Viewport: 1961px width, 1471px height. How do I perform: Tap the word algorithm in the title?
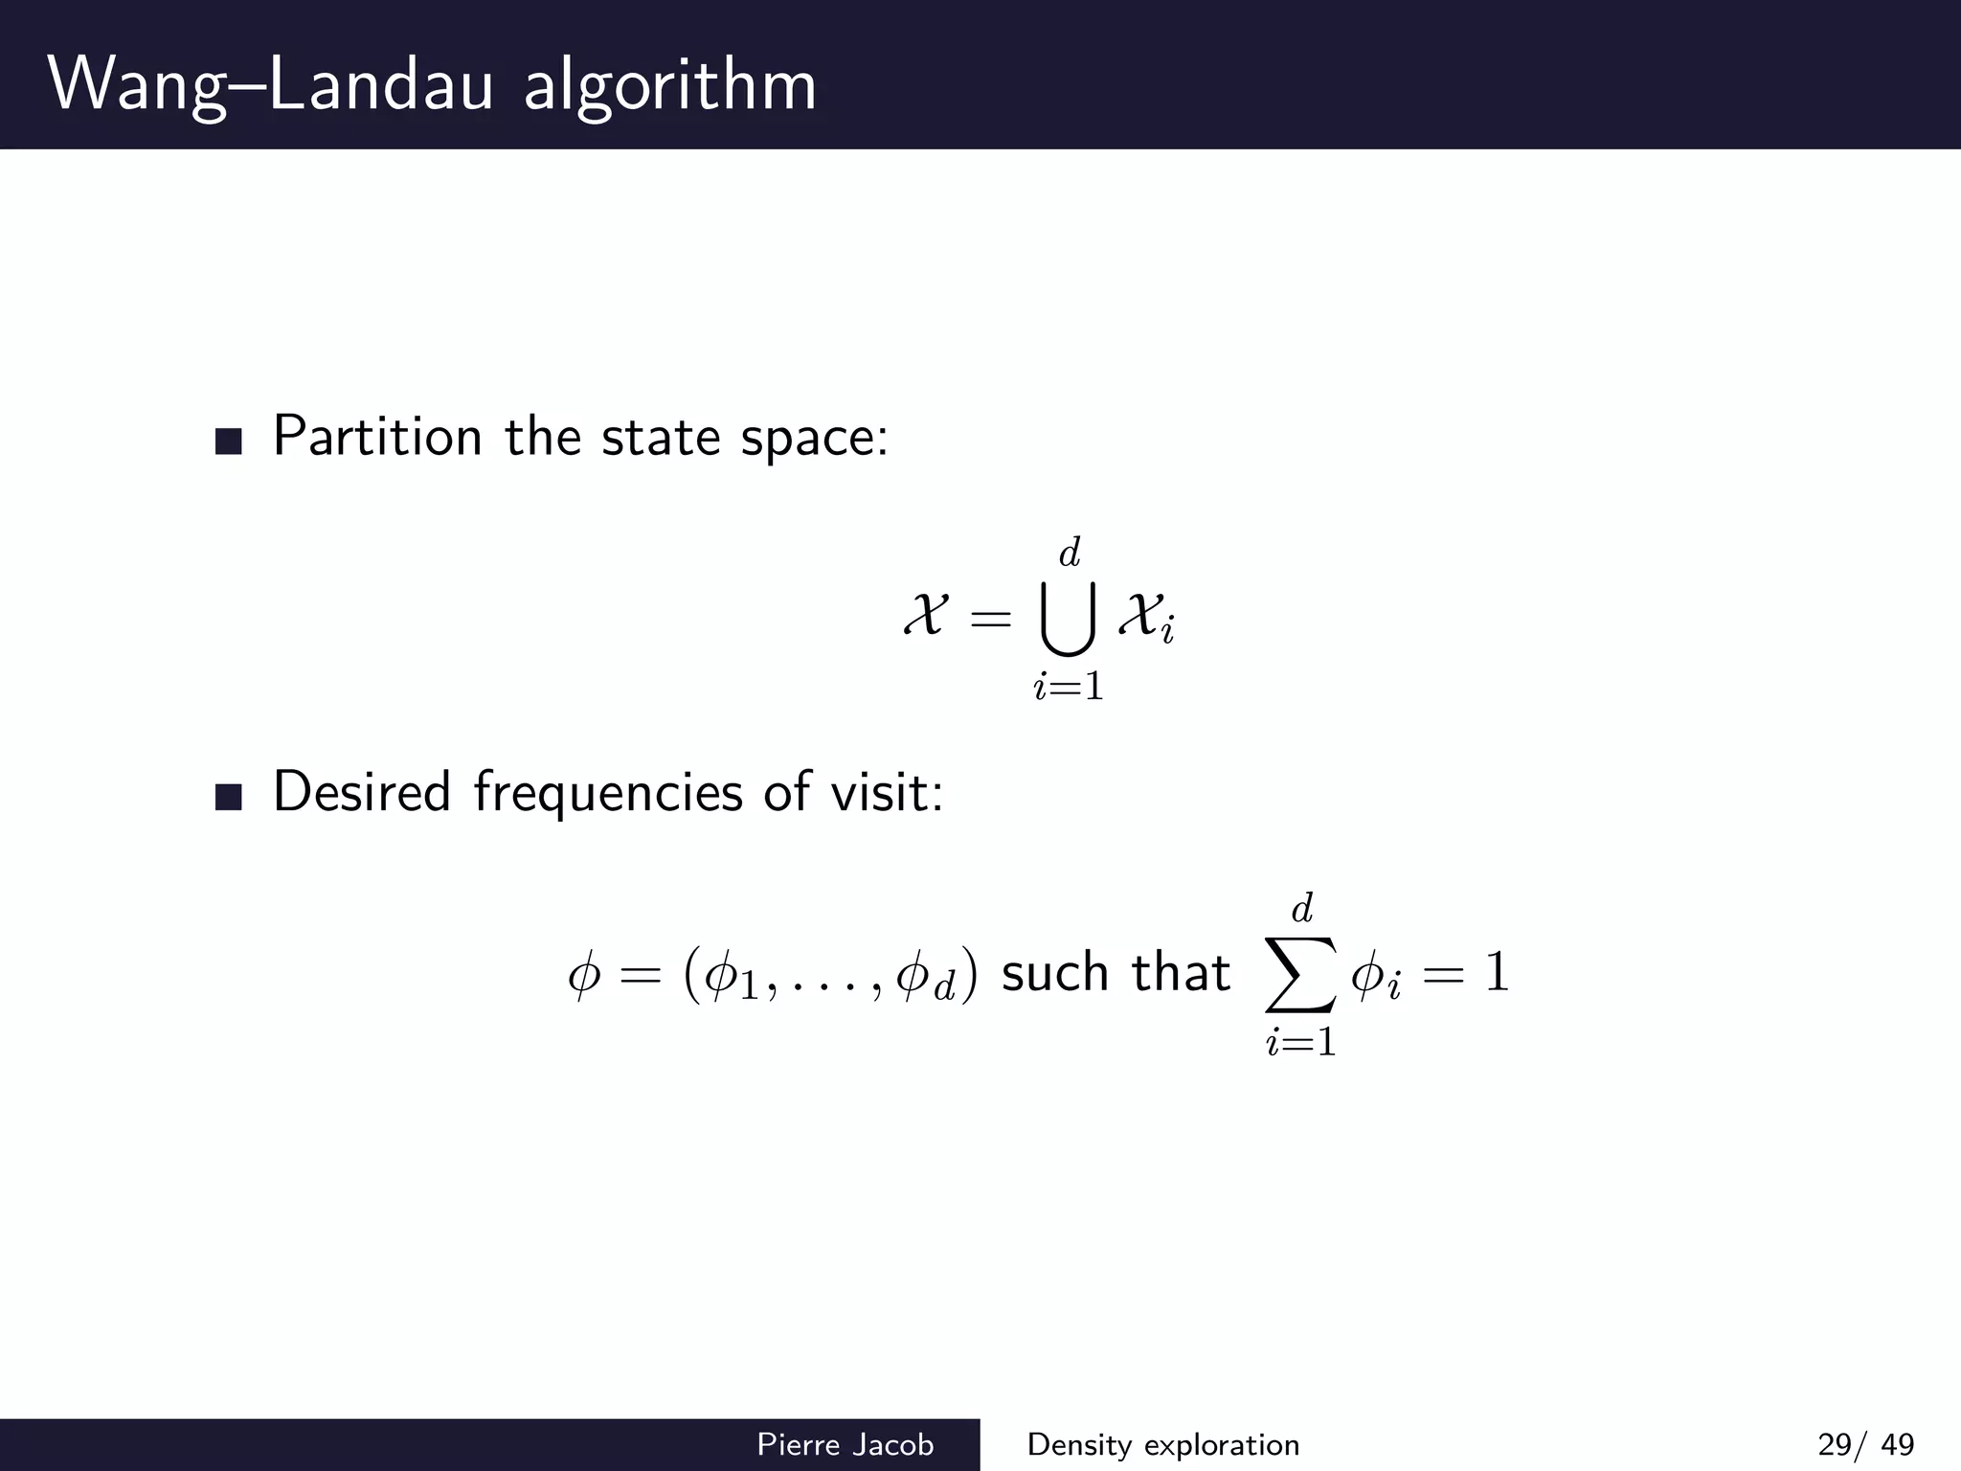[669, 86]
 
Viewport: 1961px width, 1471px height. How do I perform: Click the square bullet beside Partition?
[229, 441]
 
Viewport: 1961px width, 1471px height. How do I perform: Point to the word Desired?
[361, 792]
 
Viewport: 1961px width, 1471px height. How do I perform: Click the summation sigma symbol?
[1300, 972]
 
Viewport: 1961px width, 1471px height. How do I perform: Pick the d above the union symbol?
[1070, 553]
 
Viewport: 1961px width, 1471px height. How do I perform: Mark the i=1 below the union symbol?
[1069, 687]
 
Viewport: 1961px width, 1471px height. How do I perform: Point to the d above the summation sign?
[1302, 907]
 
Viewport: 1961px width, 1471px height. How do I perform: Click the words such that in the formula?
[1116, 973]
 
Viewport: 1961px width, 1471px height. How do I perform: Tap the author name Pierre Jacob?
[845, 1444]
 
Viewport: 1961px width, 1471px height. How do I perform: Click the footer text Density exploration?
[1162, 1444]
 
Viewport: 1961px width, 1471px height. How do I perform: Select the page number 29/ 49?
[1865, 1444]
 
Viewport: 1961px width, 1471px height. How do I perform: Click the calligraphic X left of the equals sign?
[926, 614]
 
